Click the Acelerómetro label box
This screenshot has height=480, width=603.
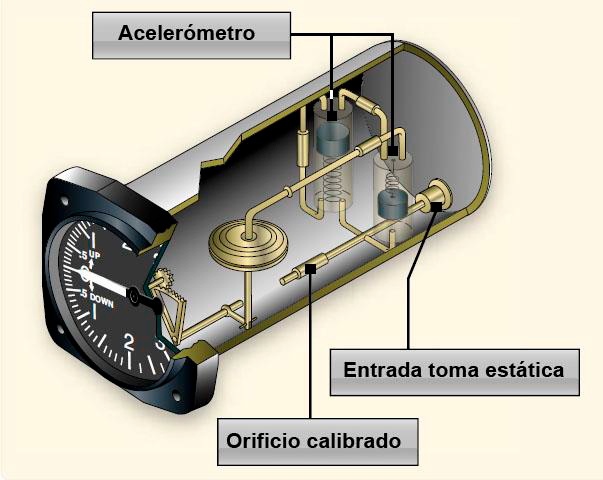coord(191,35)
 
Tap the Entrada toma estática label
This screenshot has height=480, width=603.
coord(455,372)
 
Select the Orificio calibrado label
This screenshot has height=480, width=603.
coord(318,442)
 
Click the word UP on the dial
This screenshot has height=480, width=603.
coord(95,255)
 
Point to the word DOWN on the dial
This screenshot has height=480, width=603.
coord(102,300)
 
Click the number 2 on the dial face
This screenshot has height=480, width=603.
coord(128,342)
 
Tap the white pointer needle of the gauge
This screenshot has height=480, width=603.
coord(105,282)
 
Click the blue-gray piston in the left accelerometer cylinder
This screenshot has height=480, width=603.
coord(332,140)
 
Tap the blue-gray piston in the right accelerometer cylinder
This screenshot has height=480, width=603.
coord(392,205)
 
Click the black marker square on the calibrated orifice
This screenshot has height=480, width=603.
coord(311,268)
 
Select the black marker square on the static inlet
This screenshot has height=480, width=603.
coord(436,206)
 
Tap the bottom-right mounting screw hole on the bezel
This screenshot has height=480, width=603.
coord(176,395)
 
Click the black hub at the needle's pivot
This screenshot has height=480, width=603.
coord(133,296)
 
